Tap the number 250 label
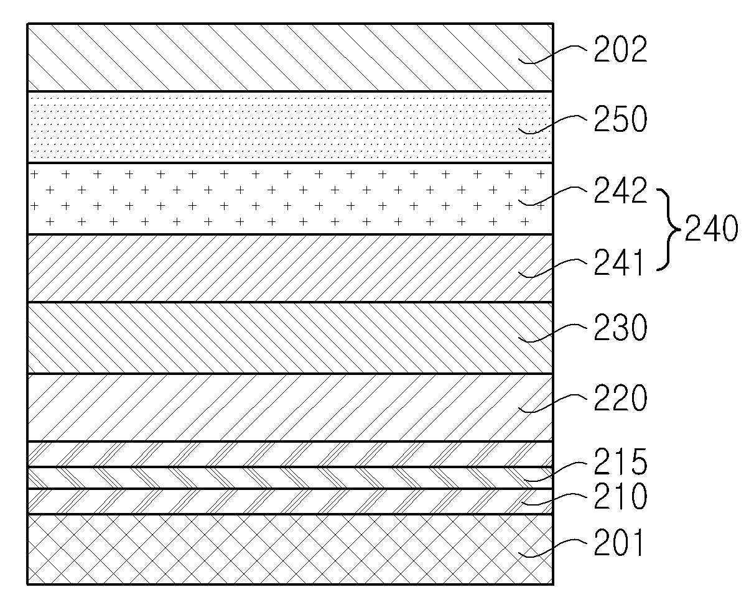pos(620,120)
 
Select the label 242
pos(620,192)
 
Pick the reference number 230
pos(620,328)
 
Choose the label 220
pos(620,399)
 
